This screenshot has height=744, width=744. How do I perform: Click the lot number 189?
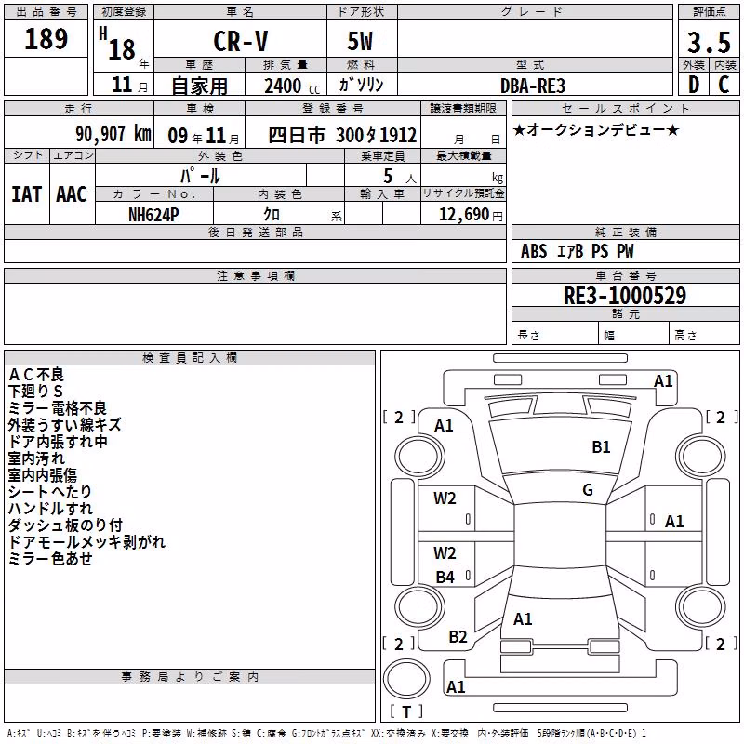46,38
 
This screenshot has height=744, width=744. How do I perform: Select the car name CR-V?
241,41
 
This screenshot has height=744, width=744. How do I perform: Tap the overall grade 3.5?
709,42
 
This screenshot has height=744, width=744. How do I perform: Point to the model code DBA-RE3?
533,86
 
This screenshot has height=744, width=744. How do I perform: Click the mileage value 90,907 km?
113,134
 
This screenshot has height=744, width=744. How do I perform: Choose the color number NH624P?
153,215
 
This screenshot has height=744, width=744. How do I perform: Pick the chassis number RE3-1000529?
624,295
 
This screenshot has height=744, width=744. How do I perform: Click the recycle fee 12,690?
463,215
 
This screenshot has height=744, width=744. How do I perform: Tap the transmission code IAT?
26,194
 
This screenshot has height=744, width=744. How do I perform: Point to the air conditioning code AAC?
72,194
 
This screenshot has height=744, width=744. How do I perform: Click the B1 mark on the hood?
601,447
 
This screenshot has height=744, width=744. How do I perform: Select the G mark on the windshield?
588,490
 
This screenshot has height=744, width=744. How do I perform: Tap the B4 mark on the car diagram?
445,577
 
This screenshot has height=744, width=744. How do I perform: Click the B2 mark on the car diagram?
458,637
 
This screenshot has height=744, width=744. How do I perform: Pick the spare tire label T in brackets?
406,711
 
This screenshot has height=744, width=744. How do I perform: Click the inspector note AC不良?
36,375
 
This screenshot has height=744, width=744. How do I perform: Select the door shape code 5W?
360,41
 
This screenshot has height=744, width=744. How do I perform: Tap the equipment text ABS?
534,251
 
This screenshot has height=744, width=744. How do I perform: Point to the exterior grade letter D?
694,85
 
